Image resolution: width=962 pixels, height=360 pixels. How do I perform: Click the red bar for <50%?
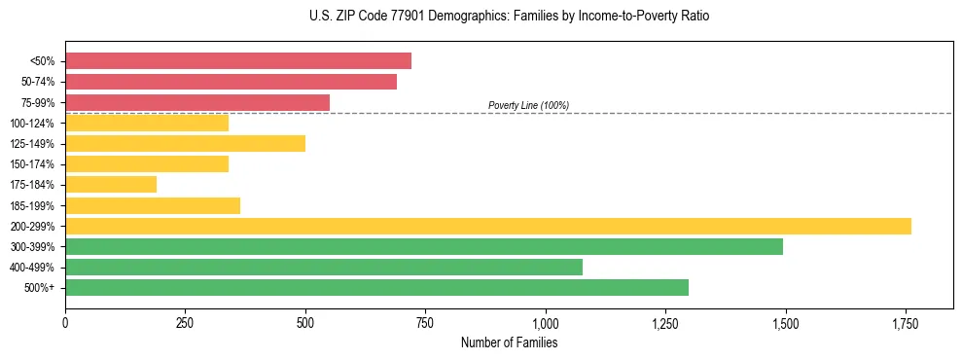tap(238, 61)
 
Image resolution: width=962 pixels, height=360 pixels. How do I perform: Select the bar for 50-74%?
tap(231, 82)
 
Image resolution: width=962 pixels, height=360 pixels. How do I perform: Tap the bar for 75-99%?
tap(197, 102)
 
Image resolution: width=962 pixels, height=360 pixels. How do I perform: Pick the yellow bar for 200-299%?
tap(488, 226)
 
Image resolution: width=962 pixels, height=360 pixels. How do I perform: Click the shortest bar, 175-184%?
tap(111, 185)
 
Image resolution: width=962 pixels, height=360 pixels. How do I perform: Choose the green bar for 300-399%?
tap(424, 246)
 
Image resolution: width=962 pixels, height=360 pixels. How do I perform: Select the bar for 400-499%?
tap(324, 267)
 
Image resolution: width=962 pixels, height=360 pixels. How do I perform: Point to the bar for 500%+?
tap(376, 287)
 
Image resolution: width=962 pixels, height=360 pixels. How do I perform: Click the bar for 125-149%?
tap(185, 144)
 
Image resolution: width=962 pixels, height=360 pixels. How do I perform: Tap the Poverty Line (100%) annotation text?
tap(528, 105)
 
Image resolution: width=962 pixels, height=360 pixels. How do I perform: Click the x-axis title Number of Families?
tap(509, 342)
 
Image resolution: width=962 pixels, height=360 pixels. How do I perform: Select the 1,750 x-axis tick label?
tap(905, 323)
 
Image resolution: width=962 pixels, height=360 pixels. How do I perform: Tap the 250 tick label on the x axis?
tap(185, 323)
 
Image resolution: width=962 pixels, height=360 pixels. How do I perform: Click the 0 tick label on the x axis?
tap(65, 323)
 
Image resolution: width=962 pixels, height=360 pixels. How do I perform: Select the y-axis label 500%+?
tap(41, 288)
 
